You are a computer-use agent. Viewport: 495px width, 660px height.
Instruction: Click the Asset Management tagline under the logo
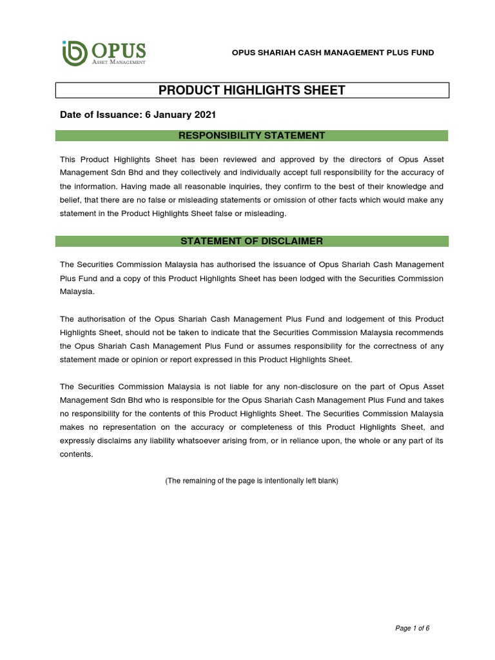click(x=119, y=62)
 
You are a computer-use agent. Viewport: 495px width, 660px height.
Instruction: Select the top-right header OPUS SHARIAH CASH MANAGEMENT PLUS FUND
click(x=333, y=52)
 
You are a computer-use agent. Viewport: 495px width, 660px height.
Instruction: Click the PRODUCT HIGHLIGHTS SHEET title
click(x=251, y=90)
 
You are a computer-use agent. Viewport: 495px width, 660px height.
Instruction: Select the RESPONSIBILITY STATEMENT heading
click(x=251, y=135)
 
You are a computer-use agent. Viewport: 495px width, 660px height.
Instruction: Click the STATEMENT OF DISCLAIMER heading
click(x=251, y=241)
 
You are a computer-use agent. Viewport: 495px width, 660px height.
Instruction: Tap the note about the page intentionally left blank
click(x=251, y=481)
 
